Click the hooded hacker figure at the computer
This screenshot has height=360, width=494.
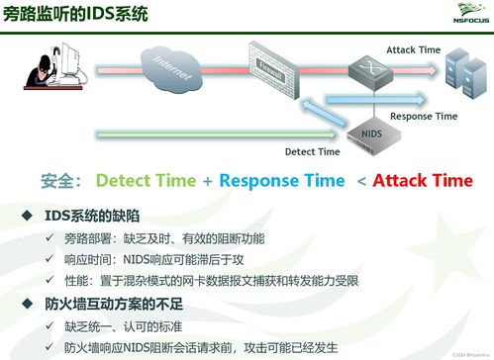pos(49,74)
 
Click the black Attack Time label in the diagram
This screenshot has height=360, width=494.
pos(414,49)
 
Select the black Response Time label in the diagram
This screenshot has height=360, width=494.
pos(424,116)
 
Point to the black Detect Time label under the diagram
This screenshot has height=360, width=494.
pos(312,151)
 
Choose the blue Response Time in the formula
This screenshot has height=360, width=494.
pos(281,181)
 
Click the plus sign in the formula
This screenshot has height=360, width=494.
pos(208,181)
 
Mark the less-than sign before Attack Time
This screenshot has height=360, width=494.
pos(361,181)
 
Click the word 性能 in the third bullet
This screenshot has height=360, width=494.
pos(75,281)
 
